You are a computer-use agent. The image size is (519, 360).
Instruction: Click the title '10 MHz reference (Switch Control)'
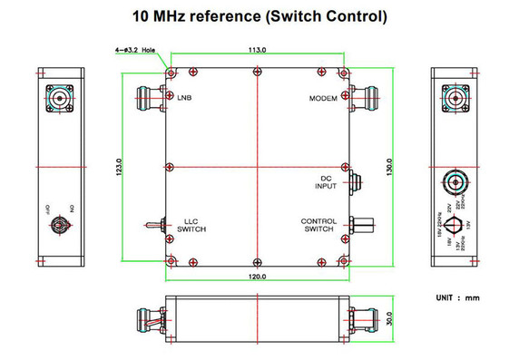[x=259, y=15]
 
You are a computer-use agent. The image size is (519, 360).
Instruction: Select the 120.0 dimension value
[x=258, y=276]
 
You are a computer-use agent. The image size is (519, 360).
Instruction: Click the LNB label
[x=184, y=97]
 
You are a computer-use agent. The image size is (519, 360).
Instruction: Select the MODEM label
[x=323, y=98]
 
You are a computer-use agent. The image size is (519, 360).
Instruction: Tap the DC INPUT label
[x=328, y=182]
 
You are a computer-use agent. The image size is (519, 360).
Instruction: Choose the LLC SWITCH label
[x=191, y=226]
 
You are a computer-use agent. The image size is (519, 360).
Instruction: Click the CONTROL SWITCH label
[x=319, y=226]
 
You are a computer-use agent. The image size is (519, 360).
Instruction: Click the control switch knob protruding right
[x=365, y=222]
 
